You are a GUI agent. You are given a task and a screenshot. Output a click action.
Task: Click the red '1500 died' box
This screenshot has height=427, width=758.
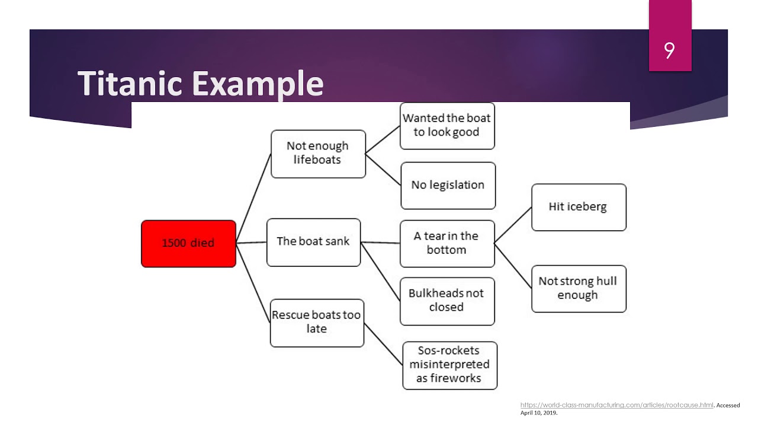(188, 243)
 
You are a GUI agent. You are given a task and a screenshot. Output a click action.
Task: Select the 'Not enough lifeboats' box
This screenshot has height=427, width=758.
(318, 154)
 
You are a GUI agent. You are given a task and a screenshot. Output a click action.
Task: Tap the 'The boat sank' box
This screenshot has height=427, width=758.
(313, 242)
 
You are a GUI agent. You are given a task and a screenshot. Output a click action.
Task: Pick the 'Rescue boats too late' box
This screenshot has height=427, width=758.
(317, 323)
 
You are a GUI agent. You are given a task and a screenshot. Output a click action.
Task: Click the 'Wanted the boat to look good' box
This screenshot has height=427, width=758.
(447, 126)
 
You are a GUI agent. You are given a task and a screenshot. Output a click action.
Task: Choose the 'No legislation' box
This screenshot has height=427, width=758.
(448, 186)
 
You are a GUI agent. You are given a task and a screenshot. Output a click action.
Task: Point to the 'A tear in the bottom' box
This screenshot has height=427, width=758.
(447, 243)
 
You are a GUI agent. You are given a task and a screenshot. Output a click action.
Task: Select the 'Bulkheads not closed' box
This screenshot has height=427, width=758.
(447, 301)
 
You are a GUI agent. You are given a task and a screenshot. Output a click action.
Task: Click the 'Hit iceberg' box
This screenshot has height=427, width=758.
(578, 207)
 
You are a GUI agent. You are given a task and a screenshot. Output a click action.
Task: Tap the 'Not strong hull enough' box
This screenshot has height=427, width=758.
(578, 288)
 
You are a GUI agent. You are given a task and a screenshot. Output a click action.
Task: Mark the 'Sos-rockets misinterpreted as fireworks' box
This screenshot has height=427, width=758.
(449, 365)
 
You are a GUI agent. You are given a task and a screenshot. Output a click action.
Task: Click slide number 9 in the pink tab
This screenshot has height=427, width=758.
(669, 51)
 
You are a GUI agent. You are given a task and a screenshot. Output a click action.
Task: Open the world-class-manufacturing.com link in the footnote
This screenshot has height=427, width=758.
(616, 405)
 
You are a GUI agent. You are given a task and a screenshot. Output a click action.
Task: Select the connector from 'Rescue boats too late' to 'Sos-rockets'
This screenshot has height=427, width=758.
(383, 345)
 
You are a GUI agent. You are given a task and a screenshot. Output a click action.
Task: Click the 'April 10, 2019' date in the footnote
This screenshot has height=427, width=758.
(538, 413)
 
